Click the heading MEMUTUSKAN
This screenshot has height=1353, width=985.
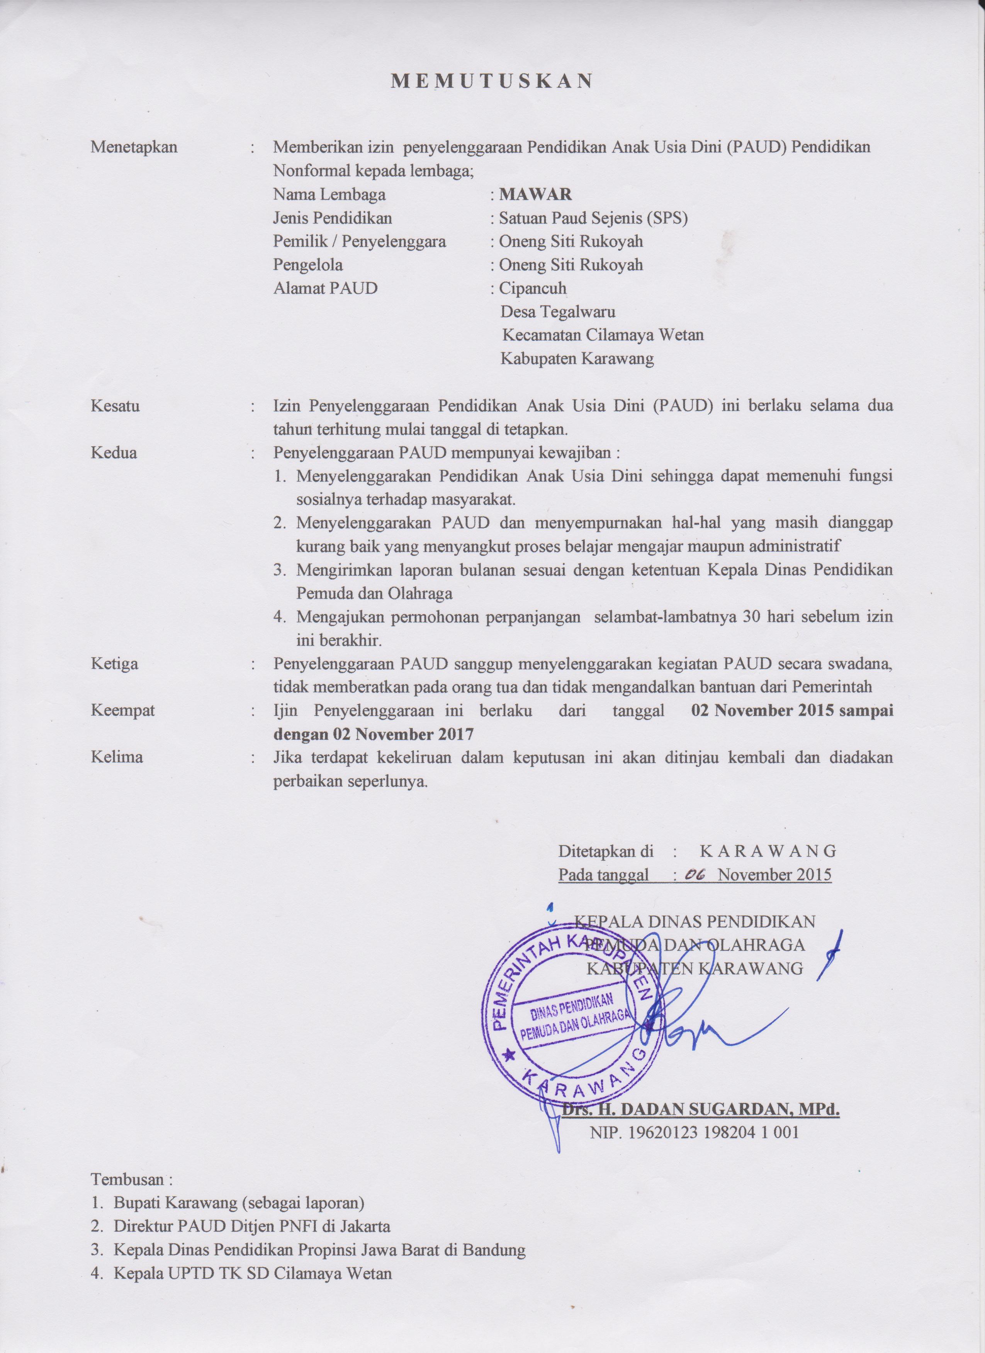click(x=492, y=82)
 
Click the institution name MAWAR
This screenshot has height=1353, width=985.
click(x=535, y=194)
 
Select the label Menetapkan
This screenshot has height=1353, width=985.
click(x=134, y=147)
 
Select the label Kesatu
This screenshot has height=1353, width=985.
click(x=115, y=406)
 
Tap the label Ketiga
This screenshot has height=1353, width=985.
click(x=114, y=664)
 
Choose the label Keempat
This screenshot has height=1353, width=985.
click(x=123, y=710)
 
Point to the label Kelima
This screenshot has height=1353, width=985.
click(x=117, y=757)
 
